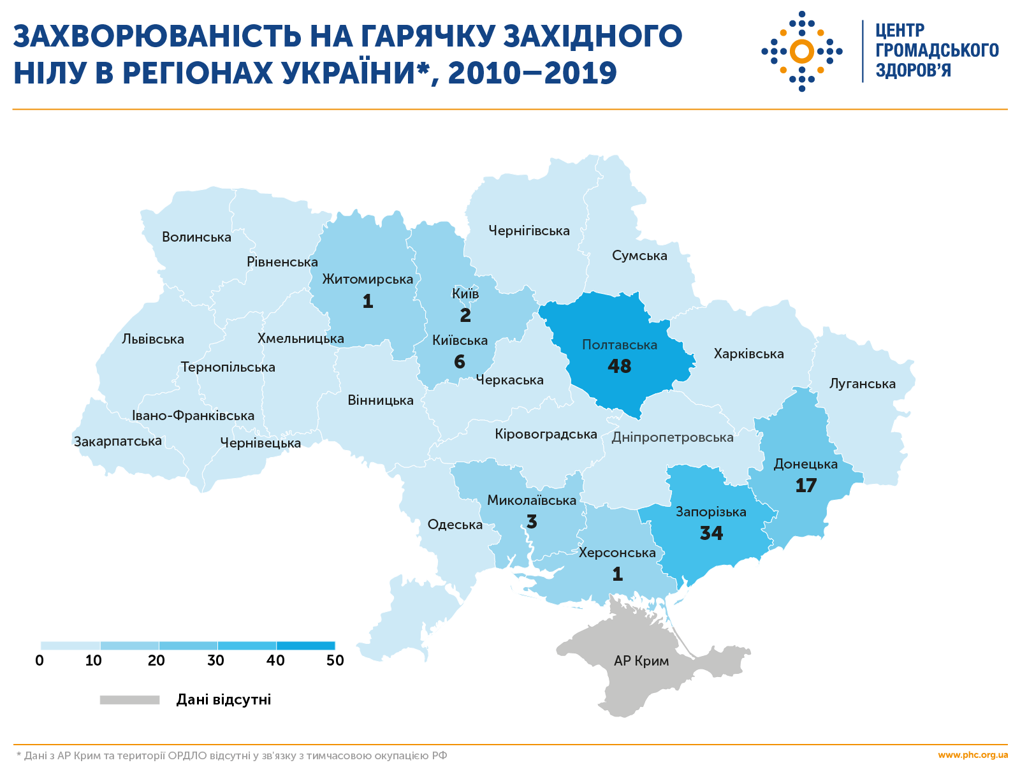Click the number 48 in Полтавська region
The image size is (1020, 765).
(x=619, y=367)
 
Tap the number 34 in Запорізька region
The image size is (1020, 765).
(x=711, y=533)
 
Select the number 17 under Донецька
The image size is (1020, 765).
(x=806, y=486)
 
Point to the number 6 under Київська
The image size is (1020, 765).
(x=460, y=362)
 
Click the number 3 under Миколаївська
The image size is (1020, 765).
(x=532, y=522)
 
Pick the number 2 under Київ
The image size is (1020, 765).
(x=465, y=315)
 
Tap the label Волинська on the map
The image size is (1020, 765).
(x=196, y=237)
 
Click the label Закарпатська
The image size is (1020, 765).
(x=118, y=441)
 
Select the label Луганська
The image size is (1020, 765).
(x=862, y=384)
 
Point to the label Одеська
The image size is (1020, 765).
(x=455, y=525)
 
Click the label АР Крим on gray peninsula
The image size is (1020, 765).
(x=641, y=661)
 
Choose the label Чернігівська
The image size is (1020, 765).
(x=529, y=231)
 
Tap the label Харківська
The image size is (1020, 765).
(x=748, y=354)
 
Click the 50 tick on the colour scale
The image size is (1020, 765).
(x=335, y=660)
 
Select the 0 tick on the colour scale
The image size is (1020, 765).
(x=40, y=660)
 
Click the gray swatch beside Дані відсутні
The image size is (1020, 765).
(x=129, y=700)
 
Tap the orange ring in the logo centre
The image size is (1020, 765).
(x=802, y=51)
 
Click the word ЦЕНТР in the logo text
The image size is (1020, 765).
(x=900, y=31)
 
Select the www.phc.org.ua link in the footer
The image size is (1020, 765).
(x=973, y=755)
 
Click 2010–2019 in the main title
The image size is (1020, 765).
(x=532, y=73)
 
